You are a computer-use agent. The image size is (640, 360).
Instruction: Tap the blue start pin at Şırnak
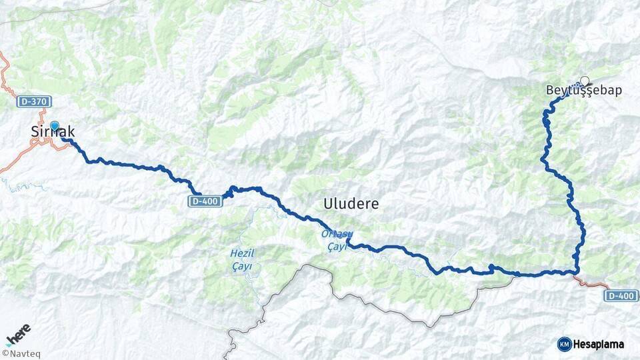[x=55, y=125]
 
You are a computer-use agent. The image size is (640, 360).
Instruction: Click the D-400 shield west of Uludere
[x=205, y=201]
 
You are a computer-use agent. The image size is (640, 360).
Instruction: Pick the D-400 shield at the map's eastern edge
[x=621, y=295]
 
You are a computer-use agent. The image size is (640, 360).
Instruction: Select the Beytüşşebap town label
[x=583, y=91]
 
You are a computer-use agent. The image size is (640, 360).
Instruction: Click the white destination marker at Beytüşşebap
[x=585, y=81]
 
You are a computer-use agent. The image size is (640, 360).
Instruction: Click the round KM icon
[x=564, y=344]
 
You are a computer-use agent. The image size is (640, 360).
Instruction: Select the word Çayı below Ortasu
[x=338, y=246]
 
